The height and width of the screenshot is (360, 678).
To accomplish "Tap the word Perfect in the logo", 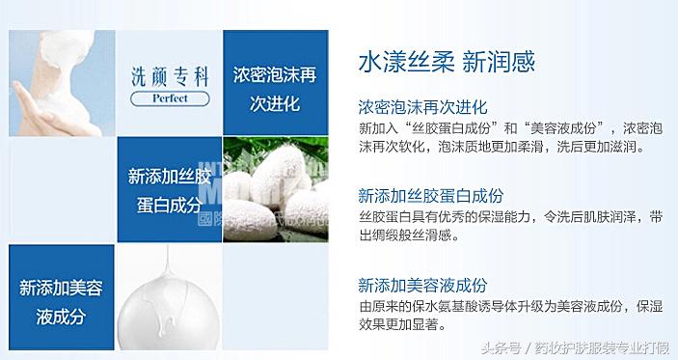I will coord(169,97).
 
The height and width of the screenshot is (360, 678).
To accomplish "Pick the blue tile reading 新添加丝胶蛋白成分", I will coord(169,188).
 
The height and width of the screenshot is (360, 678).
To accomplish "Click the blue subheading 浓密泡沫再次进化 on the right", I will coord(422,106).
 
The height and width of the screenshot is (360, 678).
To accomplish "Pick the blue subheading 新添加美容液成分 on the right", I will coord(422,285).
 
